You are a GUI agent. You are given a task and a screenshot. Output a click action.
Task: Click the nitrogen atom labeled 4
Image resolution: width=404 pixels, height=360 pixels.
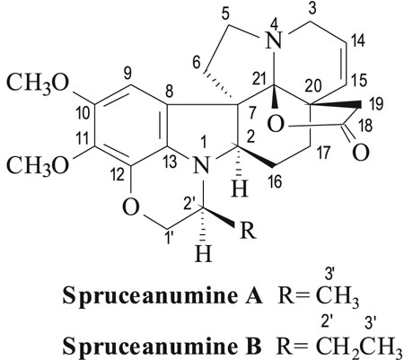coord(276,41)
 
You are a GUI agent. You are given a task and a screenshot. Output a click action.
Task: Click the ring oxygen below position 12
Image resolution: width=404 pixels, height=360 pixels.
coord(131,207)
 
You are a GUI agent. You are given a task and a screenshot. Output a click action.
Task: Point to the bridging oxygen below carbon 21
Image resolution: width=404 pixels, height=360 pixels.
coord(276,125)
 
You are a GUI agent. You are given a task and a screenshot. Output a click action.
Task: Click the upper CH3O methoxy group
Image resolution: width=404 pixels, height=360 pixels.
coord(38,83)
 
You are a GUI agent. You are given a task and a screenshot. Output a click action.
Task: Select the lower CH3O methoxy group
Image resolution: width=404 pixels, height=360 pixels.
coord(38,165)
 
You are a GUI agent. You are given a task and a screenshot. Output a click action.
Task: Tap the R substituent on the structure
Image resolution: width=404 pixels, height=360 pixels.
coord(248,231)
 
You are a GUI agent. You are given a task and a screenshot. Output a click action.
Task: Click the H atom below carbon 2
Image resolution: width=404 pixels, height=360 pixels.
coord(240,189)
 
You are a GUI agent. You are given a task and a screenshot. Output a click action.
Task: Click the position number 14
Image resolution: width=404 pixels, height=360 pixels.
coord(358,40)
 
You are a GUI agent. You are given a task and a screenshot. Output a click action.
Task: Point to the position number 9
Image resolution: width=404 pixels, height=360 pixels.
coord(127,74)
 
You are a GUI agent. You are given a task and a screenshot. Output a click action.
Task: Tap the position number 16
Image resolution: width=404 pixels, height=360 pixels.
coord(276,181)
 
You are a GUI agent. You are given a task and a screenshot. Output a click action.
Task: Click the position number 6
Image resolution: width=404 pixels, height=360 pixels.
coord(197,64)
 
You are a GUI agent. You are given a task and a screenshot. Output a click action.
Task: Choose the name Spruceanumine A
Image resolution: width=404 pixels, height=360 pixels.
coord(162,297)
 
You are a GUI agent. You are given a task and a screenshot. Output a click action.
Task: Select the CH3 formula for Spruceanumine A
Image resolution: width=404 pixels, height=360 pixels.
coord(337,298)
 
